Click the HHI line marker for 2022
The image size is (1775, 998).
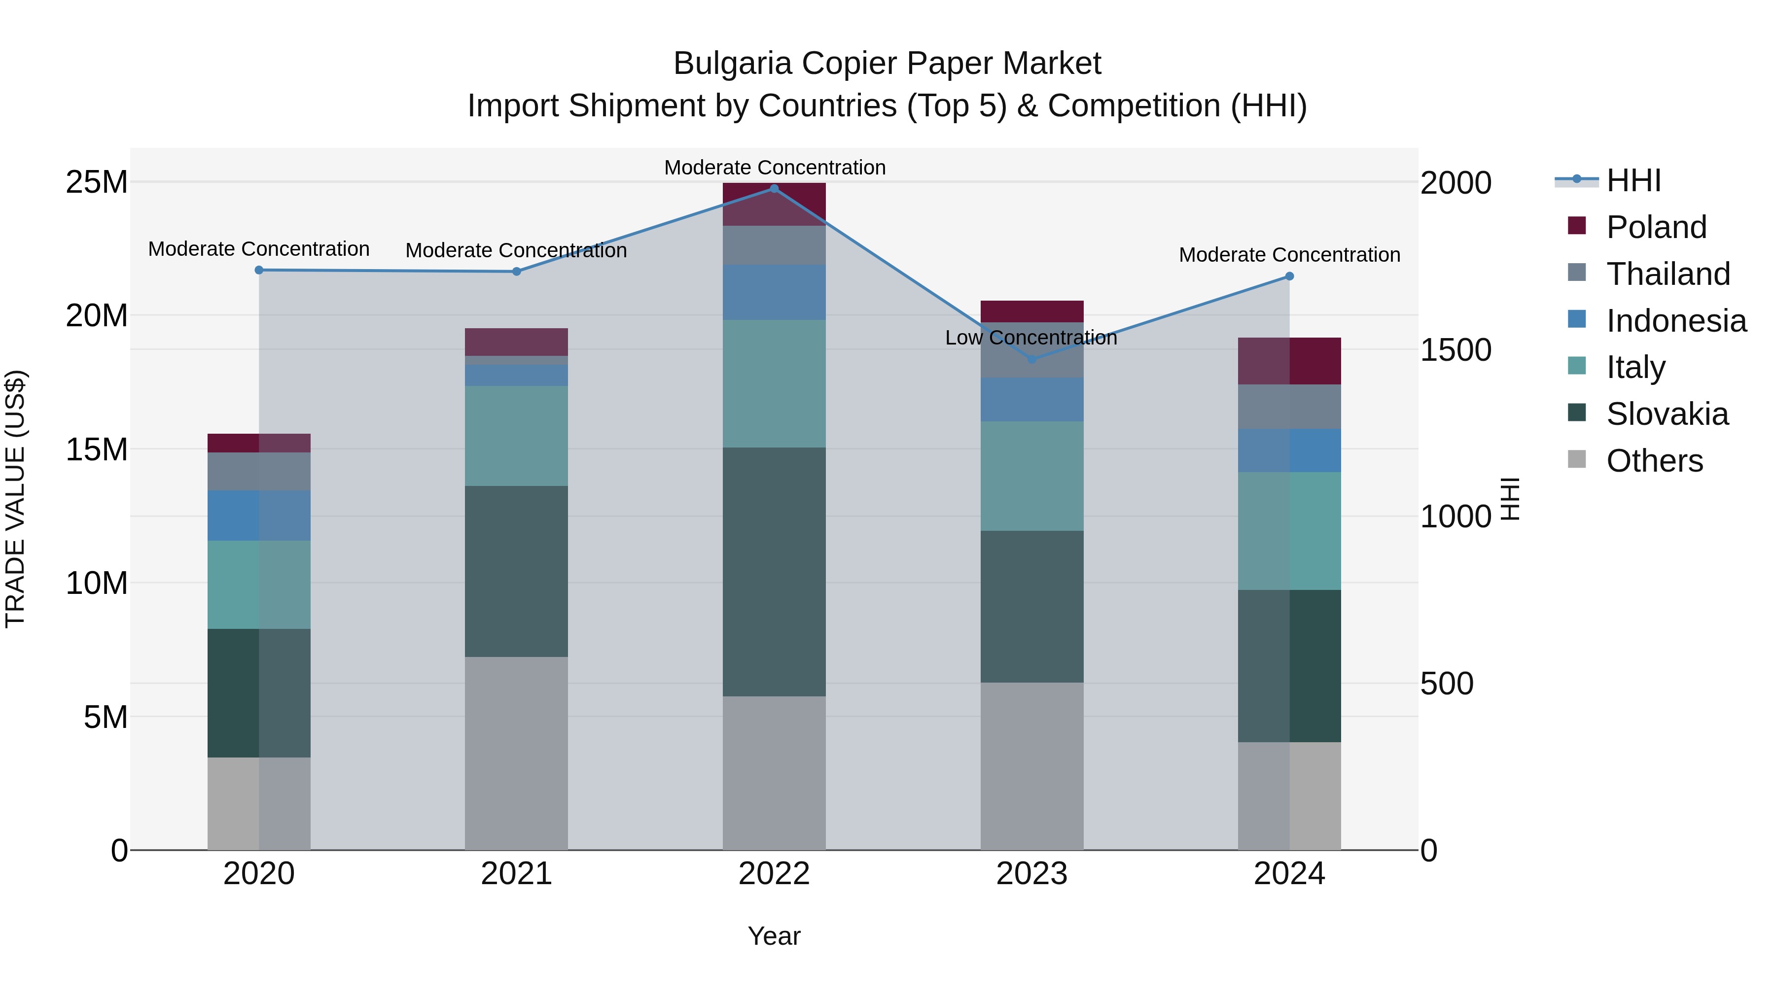click(774, 189)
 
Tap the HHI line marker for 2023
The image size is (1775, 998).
click(1031, 360)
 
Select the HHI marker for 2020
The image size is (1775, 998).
click(259, 270)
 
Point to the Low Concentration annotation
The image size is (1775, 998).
click(1031, 338)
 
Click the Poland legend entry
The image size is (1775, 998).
click(1656, 227)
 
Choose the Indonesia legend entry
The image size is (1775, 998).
click(1676, 321)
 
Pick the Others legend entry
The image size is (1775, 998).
click(1654, 461)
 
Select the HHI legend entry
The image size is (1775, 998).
click(1633, 180)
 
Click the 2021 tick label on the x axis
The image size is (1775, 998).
click(516, 874)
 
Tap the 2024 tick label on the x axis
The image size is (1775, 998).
click(1289, 874)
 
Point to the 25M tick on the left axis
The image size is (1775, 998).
click(97, 182)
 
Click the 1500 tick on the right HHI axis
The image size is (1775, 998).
click(1455, 350)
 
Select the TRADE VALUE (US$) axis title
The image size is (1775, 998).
click(16, 499)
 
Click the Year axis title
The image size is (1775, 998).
click(774, 936)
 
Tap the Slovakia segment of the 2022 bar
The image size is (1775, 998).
click(774, 572)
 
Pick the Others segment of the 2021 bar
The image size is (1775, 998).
click(516, 753)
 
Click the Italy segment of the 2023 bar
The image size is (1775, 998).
click(1031, 476)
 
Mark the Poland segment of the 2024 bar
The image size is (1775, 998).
click(1289, 361)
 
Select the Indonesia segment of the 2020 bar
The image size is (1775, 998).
click(259, 515)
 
